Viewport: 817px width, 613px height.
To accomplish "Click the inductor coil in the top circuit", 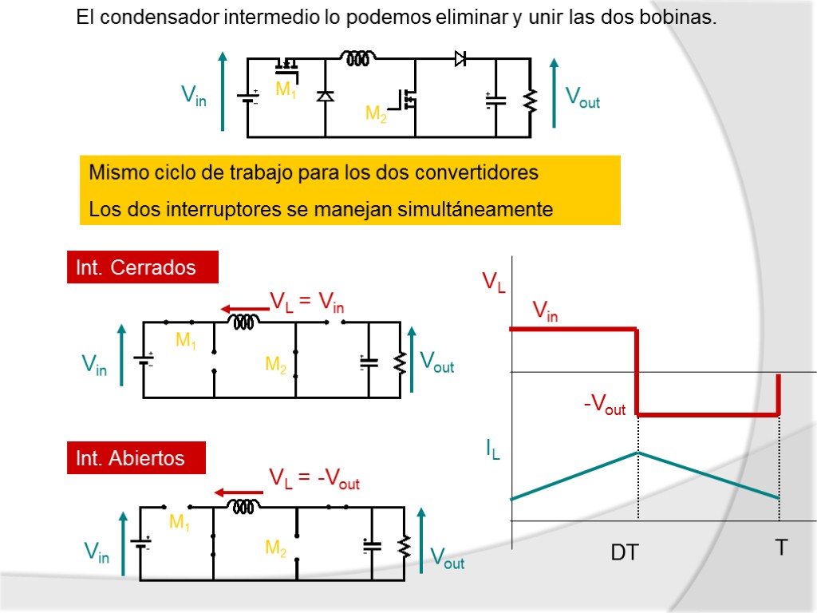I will [358, 57].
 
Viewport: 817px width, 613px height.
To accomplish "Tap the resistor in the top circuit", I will [530, 101].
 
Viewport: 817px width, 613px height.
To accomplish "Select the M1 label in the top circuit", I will [286, 90].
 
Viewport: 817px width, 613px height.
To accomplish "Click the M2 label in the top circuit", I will [376, 114].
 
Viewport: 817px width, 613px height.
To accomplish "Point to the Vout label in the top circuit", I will [582, 98].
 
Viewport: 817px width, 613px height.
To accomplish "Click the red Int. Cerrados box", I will [142, 267].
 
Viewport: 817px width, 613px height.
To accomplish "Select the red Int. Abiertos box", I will [136, 458].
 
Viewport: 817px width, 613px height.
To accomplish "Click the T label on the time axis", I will [781, 548].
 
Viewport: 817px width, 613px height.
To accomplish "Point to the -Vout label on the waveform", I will [605, 406].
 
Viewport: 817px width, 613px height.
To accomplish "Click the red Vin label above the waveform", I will [545, 310].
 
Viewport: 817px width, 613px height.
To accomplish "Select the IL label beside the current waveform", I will [494, 451].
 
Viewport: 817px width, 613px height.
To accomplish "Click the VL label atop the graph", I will [493, 283].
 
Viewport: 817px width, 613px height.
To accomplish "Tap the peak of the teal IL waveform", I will [637, 453].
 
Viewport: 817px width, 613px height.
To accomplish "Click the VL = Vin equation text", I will [307, 302].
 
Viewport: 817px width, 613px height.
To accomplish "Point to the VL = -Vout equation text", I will [314, 479].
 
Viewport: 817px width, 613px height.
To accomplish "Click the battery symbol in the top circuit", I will [248, 98].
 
